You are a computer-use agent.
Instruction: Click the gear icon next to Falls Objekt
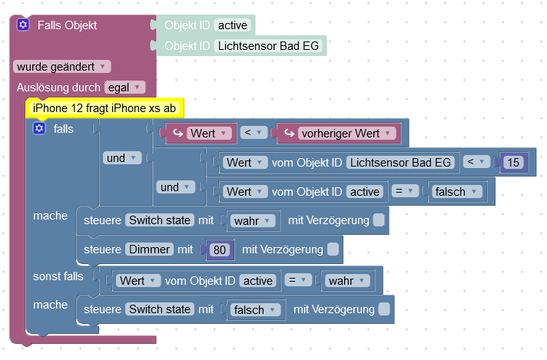tap(23, 25)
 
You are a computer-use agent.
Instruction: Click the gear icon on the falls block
tap(39, 128)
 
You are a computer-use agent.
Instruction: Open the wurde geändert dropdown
tap(62, 67)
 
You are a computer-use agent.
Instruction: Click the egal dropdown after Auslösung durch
tap(124, 88)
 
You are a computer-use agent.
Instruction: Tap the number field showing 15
tap(513, 162)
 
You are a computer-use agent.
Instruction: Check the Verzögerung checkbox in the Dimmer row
tap(333, 249)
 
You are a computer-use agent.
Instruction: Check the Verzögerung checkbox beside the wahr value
tap(379, 220)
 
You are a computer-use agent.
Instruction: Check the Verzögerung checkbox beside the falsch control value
tap(384, 309)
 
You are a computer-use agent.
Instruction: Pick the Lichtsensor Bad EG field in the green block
tap(267, 46)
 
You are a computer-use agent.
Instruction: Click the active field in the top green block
tap(233, 25)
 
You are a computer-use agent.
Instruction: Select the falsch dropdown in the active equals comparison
tap(456, 191)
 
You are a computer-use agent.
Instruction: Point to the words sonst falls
tap(58, 275)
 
